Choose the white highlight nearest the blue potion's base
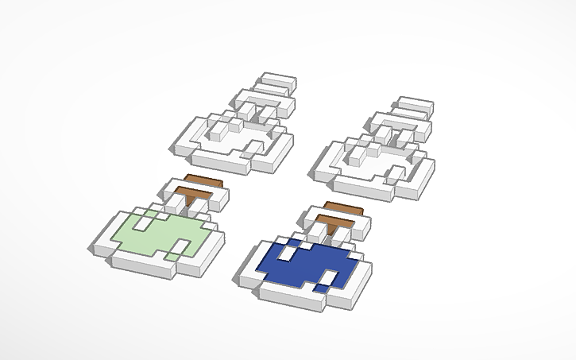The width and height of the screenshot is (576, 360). pyautogui.click(x=326, y=278)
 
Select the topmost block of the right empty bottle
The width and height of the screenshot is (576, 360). pyautogui.click(x=415, y=104)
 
